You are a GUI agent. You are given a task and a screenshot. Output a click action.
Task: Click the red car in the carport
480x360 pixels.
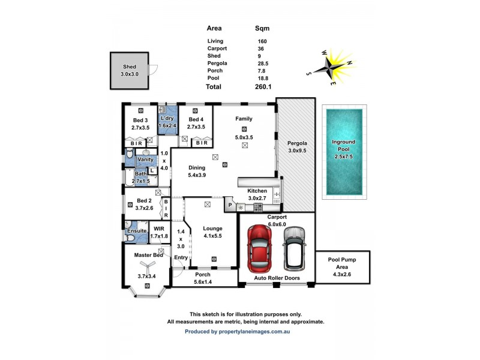click(262, 247)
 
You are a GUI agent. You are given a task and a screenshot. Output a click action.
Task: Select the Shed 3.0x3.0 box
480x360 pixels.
click(130, 71)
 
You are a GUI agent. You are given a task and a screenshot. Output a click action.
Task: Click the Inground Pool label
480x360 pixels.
click(343, 146)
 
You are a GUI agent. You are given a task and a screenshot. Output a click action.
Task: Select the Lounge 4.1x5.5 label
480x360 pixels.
click(213, 232)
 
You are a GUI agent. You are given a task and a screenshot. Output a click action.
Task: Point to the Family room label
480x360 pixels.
click(244, 119)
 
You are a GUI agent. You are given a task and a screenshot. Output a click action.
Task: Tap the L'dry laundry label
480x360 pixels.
click(167, 122)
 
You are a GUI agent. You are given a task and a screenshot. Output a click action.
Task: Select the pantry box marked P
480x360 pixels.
click(230, 205)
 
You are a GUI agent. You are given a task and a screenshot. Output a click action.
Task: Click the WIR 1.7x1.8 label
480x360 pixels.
click(159, 233)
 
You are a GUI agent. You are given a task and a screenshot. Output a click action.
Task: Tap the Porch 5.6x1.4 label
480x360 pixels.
click(204, 278)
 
